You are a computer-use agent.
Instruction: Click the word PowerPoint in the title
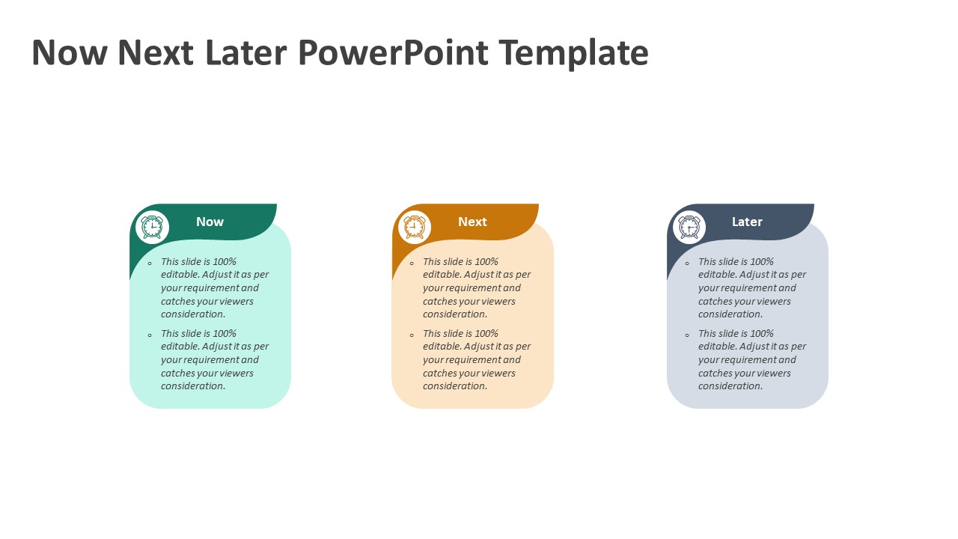394,52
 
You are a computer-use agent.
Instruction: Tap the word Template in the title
574,54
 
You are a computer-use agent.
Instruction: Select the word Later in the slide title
245,52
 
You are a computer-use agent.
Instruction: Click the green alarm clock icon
152,227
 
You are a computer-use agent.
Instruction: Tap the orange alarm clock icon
415,227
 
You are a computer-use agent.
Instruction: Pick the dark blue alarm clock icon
689,227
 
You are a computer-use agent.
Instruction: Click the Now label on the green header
210,222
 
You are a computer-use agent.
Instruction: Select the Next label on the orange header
472,222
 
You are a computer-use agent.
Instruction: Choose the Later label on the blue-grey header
747,222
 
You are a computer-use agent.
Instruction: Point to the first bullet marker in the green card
150,264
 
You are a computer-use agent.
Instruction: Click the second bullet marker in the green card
150,335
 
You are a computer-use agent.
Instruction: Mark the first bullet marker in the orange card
412,264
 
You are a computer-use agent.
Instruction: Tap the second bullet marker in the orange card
412,335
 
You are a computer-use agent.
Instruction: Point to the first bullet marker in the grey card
687,264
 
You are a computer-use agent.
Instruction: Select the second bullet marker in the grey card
687,335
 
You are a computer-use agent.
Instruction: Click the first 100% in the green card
225,261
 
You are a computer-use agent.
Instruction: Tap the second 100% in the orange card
486,333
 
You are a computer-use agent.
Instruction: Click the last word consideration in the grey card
730,386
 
